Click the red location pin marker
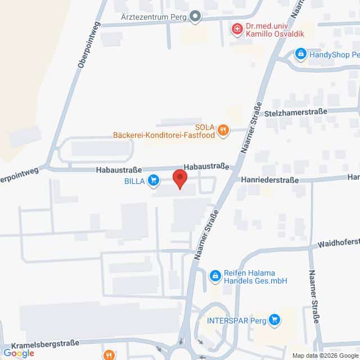point(179,178)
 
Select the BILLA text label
point(135,181)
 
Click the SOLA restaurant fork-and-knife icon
point(223,130)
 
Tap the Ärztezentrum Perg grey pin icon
point(195,16)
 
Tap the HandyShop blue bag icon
point(300,54)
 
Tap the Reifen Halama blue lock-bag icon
point(214,275)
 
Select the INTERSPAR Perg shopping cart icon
point(274,320)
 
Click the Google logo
point(19,353)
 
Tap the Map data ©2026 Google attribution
point(325,355)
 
